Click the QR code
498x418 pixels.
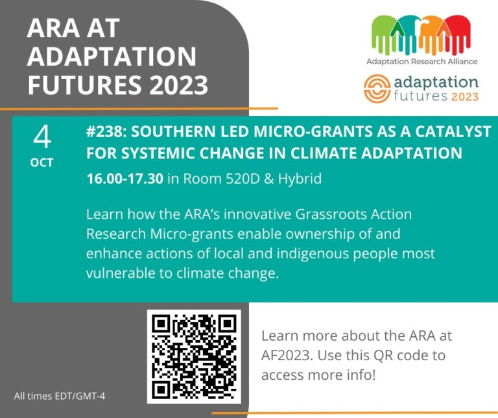tap(194, 356)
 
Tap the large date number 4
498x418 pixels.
tap(42, 137)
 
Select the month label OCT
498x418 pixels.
tap(42, 163)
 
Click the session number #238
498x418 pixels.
tap(108, 132)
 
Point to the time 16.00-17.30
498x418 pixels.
tap(124, 178)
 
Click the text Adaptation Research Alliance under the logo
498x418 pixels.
tap(421, 61)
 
